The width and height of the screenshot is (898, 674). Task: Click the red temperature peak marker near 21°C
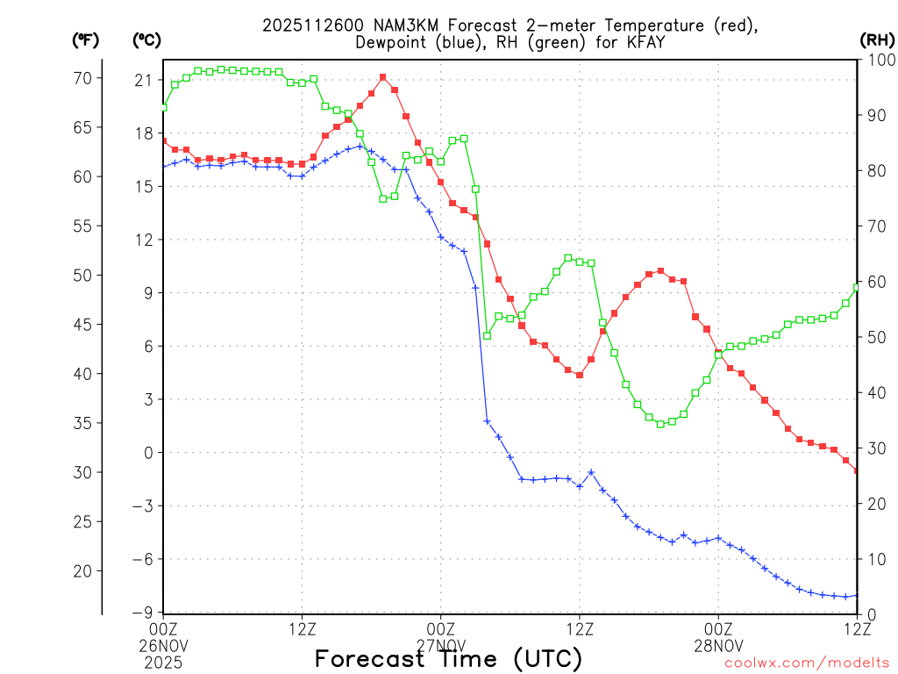[383, 77]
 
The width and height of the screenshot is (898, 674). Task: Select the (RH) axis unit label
[876, 39]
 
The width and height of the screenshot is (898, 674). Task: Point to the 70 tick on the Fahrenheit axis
[82, 78]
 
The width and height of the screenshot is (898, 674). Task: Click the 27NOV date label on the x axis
[440, 644]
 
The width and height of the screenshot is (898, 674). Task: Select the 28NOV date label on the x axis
[718, 644]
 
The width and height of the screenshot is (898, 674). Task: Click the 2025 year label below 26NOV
[163, 660]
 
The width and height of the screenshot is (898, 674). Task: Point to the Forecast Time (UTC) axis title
[448, 658]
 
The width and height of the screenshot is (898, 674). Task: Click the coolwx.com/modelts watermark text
[807, 663]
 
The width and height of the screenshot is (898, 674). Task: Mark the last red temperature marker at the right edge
[857, 471]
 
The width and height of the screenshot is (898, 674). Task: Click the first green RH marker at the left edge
[164, 107]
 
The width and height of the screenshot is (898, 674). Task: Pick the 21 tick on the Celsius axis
[143, 80]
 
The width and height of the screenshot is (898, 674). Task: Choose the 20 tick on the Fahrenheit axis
[82, 570]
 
